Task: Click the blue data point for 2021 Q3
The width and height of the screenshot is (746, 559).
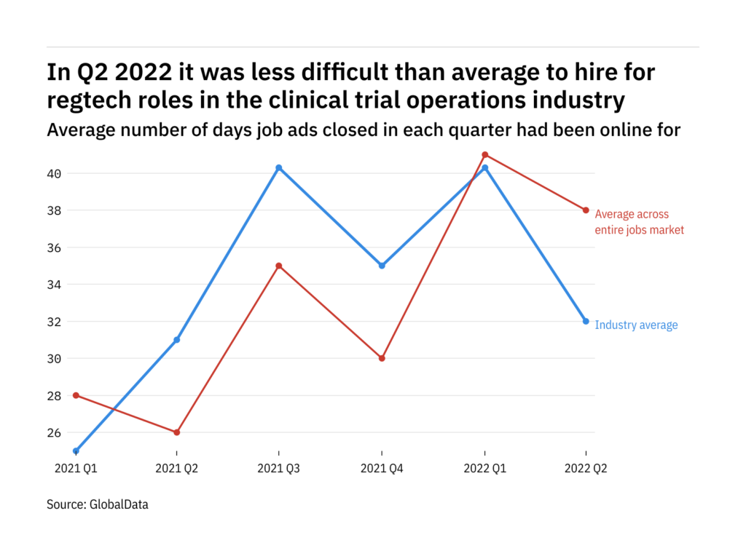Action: pos(279,167)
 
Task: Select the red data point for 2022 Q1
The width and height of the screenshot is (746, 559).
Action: pos(484,154)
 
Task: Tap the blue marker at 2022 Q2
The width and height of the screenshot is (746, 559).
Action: pos(586,321)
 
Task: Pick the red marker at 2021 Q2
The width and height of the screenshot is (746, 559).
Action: pos(176,432)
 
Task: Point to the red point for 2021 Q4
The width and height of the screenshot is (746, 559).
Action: pos(382,358)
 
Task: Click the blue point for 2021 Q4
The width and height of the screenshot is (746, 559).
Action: pos(382,266)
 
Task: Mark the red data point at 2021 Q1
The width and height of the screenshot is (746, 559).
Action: pos(76,395)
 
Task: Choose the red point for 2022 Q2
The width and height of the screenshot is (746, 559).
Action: pos(586,210)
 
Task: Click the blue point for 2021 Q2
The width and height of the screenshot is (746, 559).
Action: pos(176,340)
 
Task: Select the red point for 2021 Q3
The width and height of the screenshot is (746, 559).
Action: pos(279,266)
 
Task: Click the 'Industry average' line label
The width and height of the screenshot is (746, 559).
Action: pos(636,325)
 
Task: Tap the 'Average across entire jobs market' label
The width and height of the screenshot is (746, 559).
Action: pos(639,222)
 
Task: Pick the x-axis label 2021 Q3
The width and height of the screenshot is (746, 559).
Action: pos(279,469)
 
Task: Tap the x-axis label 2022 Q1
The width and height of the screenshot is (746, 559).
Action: pos(484,469)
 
